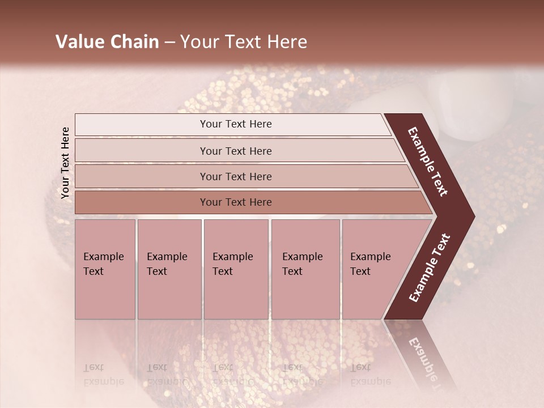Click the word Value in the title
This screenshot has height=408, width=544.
click(79, 42)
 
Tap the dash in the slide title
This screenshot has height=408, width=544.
click(169, 42)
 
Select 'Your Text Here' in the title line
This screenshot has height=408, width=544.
click(244, 42)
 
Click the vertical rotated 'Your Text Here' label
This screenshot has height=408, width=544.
click(65, 163)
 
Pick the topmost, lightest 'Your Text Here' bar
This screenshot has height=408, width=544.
click(235, 124)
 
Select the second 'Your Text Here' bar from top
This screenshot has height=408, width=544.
click(235, 151)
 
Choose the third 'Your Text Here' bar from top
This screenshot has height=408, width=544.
click(235, 176)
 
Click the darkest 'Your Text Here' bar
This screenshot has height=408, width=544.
click(235, 202)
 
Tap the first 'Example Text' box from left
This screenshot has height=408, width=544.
click(105, 269)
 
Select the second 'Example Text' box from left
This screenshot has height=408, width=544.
click(169, 269)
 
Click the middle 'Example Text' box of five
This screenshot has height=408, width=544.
click(236, 269)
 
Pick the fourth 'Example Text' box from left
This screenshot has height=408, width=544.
click(305, 269)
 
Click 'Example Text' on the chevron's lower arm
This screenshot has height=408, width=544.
click(429, 268)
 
